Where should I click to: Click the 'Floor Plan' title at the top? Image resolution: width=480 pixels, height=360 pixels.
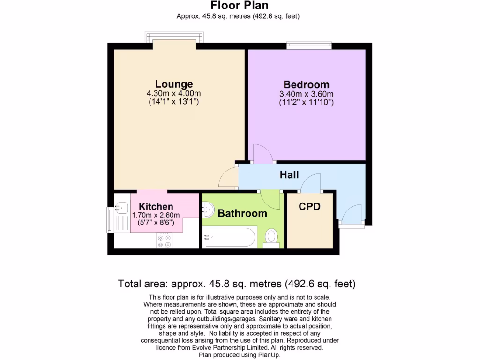240,6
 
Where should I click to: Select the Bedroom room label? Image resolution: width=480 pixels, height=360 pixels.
306,84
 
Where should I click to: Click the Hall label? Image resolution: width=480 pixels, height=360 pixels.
289,175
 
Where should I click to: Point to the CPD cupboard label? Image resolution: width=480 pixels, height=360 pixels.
309,206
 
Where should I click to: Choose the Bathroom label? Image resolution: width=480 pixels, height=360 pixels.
242,213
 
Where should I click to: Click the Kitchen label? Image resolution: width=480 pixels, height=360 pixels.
156,206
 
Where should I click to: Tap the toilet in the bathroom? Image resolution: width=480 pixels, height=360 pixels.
271,237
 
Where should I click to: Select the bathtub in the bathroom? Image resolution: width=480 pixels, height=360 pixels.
230,237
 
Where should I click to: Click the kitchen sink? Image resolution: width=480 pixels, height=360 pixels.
123,207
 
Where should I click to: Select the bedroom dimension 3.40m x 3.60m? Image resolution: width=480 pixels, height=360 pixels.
306,94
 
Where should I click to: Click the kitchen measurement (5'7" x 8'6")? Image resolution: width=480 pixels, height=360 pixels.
156,223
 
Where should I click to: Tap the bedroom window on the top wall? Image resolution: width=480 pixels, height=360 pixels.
309,45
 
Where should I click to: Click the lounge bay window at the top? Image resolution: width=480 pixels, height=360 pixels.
174,37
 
